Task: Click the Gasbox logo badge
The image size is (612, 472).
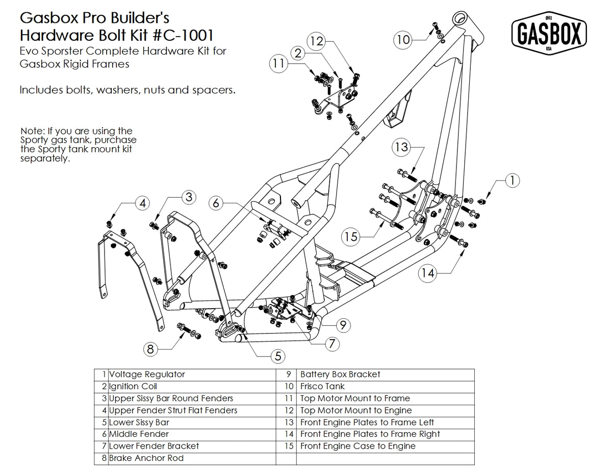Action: click(x=549, y=34)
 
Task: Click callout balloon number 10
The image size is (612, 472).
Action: click(x=403, y=39)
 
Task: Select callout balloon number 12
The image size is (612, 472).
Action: click(x=317, y=41)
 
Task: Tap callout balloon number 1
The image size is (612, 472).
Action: click(x=512, y=180)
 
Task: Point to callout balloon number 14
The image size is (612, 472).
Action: click(x=428, y=273)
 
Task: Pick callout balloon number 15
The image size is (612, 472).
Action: click(x=351, y=237)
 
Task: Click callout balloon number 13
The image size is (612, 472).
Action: click(x=401, y=147)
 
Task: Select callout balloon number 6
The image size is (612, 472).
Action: click(x=216, y=203)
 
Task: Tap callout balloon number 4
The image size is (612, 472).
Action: click(x=142, y=203)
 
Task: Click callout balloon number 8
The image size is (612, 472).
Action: click(x=150, y=349)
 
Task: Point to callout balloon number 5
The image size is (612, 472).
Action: click(x=277, y=356)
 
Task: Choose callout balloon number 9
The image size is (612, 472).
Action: click(x=343, y=323)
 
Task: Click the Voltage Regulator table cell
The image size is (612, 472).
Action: click(x=147, y=374)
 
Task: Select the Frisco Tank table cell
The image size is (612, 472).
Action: click(x=322, y=386)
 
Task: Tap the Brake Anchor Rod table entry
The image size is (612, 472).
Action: click(x=146, y=458)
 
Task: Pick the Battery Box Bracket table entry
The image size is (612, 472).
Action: click(x=340, y=374)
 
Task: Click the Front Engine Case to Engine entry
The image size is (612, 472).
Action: click(x=358, y=446)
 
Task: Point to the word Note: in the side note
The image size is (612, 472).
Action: click(x=33, y=131)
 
